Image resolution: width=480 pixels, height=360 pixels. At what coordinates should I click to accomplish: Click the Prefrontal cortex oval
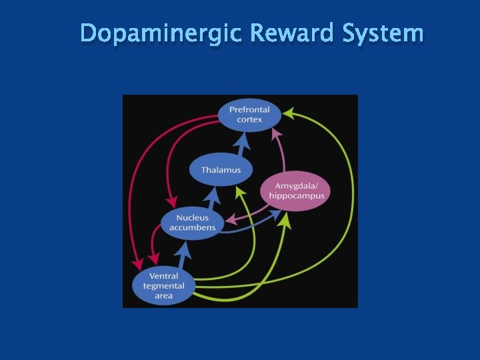pos(249,114)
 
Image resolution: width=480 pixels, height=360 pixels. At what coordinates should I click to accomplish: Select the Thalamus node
pos(221,170)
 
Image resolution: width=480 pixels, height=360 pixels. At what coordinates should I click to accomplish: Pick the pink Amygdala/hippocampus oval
pos(296,191)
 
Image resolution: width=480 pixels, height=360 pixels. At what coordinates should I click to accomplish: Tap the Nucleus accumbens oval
pos(192,223)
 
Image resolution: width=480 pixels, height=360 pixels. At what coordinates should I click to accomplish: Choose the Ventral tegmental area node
pos(163,286)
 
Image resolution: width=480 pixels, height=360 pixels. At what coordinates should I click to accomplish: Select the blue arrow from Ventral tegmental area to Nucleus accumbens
pos(182,255)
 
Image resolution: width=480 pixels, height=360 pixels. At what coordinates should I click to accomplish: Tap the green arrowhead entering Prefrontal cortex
pos(288,114)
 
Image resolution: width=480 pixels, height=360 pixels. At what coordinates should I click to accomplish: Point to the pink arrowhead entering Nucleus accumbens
pos(229,219)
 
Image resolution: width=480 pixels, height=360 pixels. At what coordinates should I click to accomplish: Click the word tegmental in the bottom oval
pos(163,286)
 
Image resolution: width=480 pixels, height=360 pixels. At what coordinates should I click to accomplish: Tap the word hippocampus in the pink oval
pos(296,196)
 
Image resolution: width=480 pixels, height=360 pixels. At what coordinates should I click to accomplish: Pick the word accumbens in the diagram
pos(192,228)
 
